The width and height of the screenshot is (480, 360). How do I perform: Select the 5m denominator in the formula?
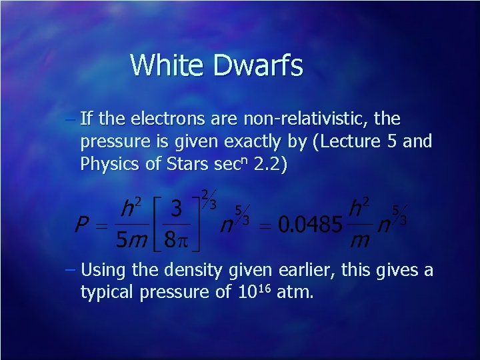click(132, 239)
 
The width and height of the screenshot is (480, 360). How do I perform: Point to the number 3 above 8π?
click(176, 209)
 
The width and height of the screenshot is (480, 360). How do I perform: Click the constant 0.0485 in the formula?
click(309, 224)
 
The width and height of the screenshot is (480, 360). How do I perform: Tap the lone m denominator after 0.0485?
click(361, 239)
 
